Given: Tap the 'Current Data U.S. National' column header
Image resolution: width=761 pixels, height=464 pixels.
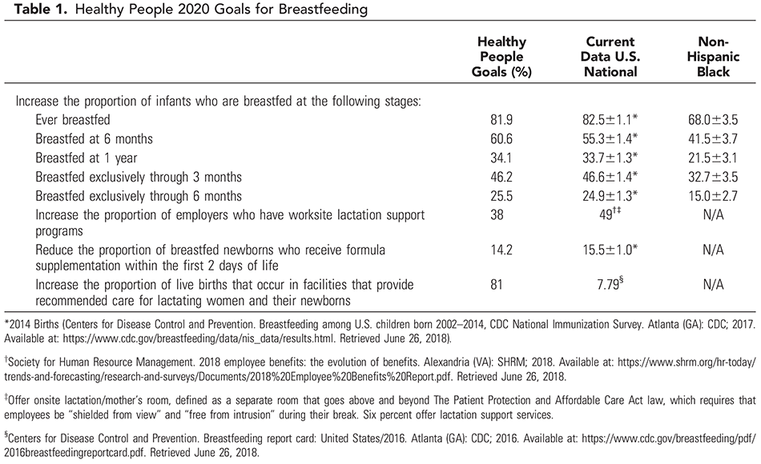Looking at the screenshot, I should tap(611, 57).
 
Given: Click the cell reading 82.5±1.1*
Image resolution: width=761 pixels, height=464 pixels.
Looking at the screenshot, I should tap(611, 119).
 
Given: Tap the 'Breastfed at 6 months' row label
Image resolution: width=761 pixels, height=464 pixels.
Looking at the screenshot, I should tap(94, 138).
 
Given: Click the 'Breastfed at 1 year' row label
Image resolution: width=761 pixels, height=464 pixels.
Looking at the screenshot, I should tap(87, 157).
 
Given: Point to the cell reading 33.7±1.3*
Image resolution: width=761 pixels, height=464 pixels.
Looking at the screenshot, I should tap(611, 157).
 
